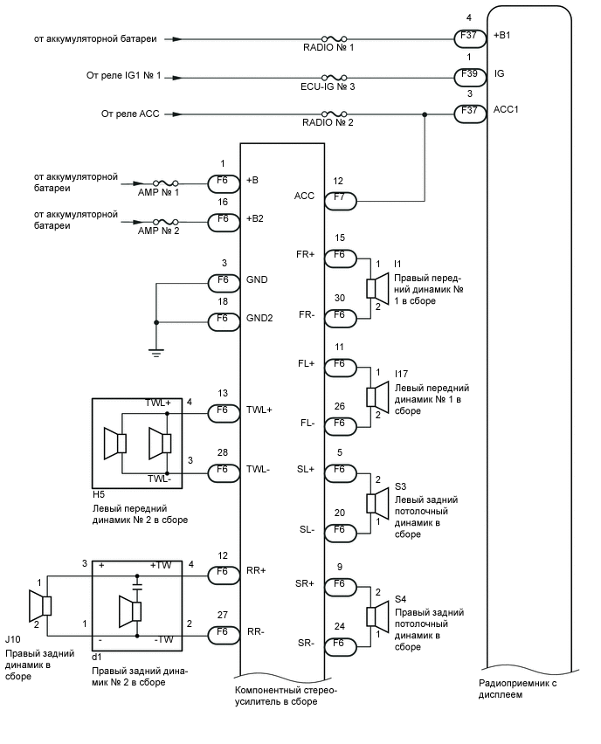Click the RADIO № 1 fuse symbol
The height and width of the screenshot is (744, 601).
pos(335,39)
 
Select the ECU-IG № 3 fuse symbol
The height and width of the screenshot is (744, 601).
pos(335,77)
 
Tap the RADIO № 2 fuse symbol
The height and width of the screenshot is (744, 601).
pos(335,114)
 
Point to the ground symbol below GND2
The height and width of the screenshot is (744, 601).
pos(155,352)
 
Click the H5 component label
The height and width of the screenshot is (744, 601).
pos(98,494)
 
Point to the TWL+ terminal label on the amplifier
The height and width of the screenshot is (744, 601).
pos(259,409)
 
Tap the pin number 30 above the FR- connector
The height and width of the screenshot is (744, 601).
pos(339,298)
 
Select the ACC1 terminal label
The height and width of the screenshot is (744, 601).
pos(506,110)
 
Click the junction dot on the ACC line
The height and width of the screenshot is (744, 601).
pos(425,114)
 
